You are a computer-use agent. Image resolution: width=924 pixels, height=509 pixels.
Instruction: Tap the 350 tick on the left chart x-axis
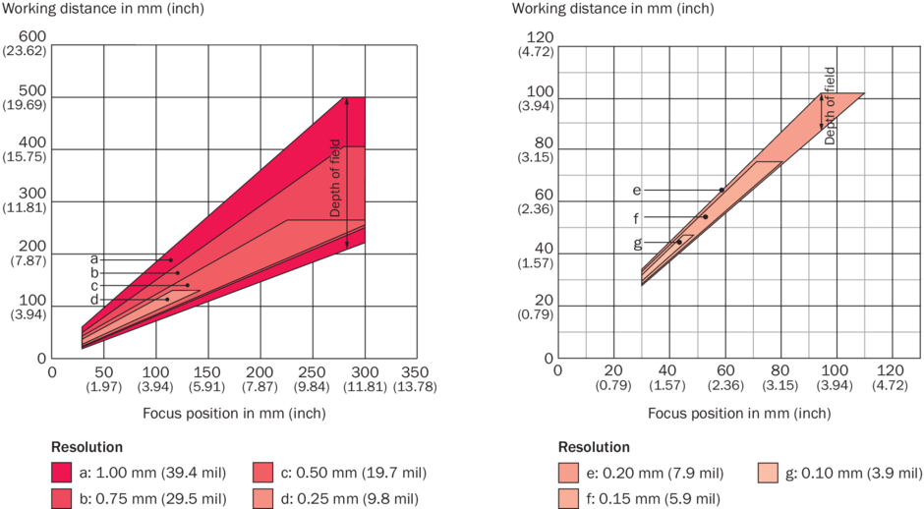click(x=416, y=374)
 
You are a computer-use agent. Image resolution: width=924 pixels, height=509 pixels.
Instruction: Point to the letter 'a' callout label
click(x=94, y=258)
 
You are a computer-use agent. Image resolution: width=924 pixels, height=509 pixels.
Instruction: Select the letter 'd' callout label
click(x=94, y=300)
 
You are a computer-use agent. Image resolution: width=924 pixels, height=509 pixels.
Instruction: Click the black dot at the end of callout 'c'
click(x=187, y=285)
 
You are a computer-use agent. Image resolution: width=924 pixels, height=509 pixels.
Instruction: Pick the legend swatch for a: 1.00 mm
click(x=66, y=470)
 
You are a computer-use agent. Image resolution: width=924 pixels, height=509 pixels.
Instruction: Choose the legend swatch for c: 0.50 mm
click(x=266, y=470)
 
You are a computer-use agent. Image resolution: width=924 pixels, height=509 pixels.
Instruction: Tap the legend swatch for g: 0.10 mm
click(x=774, y=470)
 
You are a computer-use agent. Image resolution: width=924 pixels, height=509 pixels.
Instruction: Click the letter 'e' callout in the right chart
click(x=636, y=190)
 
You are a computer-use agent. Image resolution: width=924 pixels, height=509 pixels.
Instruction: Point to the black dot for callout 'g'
click(x=679, y=242)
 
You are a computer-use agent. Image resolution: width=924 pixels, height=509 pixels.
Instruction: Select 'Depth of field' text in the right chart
click(x=831, y=106)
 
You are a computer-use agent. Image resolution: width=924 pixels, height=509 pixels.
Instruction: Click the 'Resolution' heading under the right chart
click(x=594, y=446)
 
